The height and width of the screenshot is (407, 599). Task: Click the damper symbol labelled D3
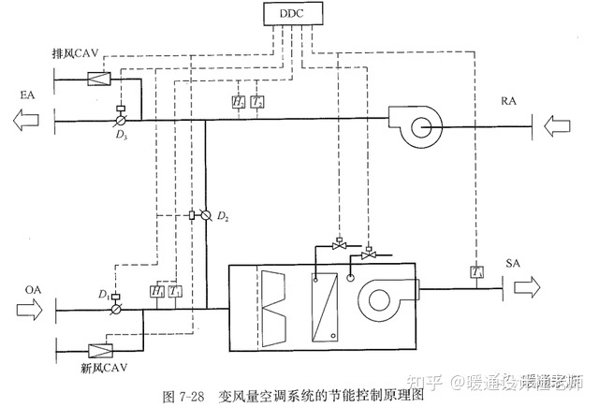coord(120,120)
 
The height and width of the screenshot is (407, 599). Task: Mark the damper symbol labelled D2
coord(204,215)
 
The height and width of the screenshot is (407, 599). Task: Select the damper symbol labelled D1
coord(117,306)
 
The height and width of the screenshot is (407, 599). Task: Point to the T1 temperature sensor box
coord(177,292)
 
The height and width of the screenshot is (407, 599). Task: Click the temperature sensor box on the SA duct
coord(475,272)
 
